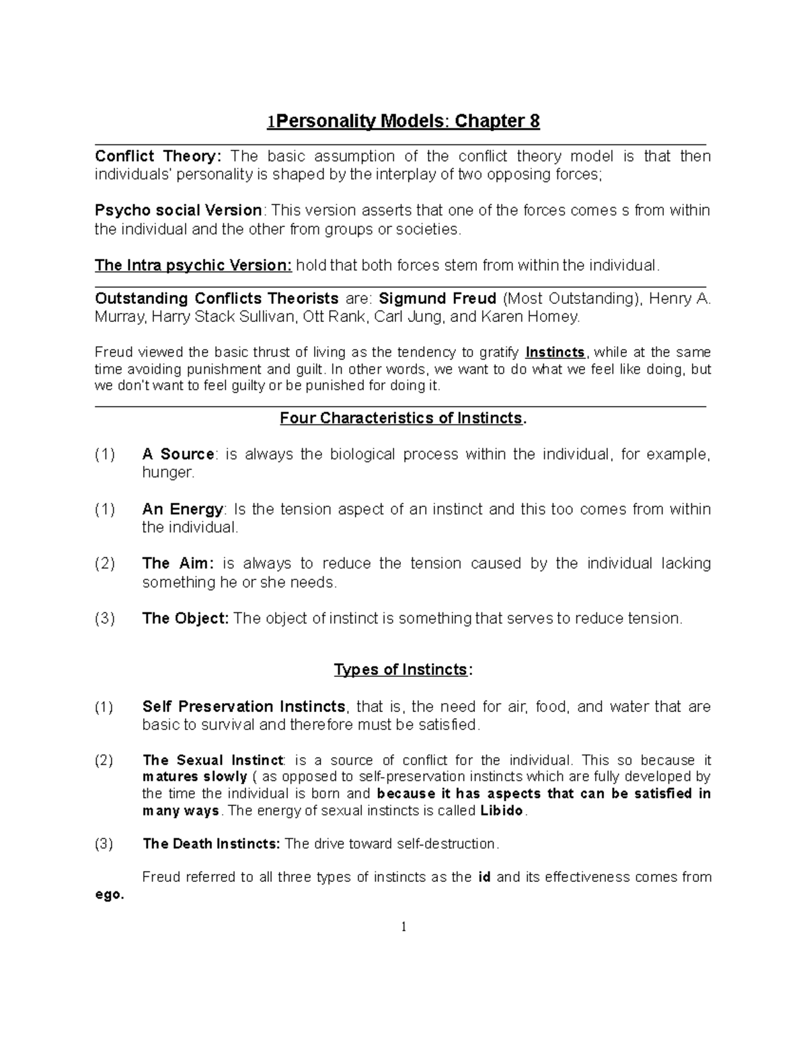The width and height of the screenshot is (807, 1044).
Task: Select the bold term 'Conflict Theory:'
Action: coord(157,157)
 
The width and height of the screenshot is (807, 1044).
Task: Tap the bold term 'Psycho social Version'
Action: coord(178,210)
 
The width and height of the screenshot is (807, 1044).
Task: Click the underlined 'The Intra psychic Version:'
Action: coord(193,266)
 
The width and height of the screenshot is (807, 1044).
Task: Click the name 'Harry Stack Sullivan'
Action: coord(225,317)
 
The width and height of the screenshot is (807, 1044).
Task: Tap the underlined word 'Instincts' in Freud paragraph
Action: coord(555,353)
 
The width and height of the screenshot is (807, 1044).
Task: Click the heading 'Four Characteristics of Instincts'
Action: coord(402,418)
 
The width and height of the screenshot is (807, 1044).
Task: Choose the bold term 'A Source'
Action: coord(178,454)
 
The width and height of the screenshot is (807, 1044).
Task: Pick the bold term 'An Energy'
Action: coord(182,510)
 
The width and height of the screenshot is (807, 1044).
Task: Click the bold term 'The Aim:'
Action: coord(178,563)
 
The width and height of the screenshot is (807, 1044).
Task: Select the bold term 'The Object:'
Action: coord(186,618)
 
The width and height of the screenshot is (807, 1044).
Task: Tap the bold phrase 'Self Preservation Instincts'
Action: coord(243,707)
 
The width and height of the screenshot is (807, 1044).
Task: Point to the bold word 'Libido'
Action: coord(501,811)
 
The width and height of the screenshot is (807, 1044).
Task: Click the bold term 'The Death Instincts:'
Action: coord(212,844)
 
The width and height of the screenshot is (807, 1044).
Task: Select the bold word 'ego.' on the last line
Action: coord(110,895)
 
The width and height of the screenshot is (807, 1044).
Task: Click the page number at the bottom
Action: coord(403,928)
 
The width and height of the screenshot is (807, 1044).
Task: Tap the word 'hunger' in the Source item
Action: coord(167,473)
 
